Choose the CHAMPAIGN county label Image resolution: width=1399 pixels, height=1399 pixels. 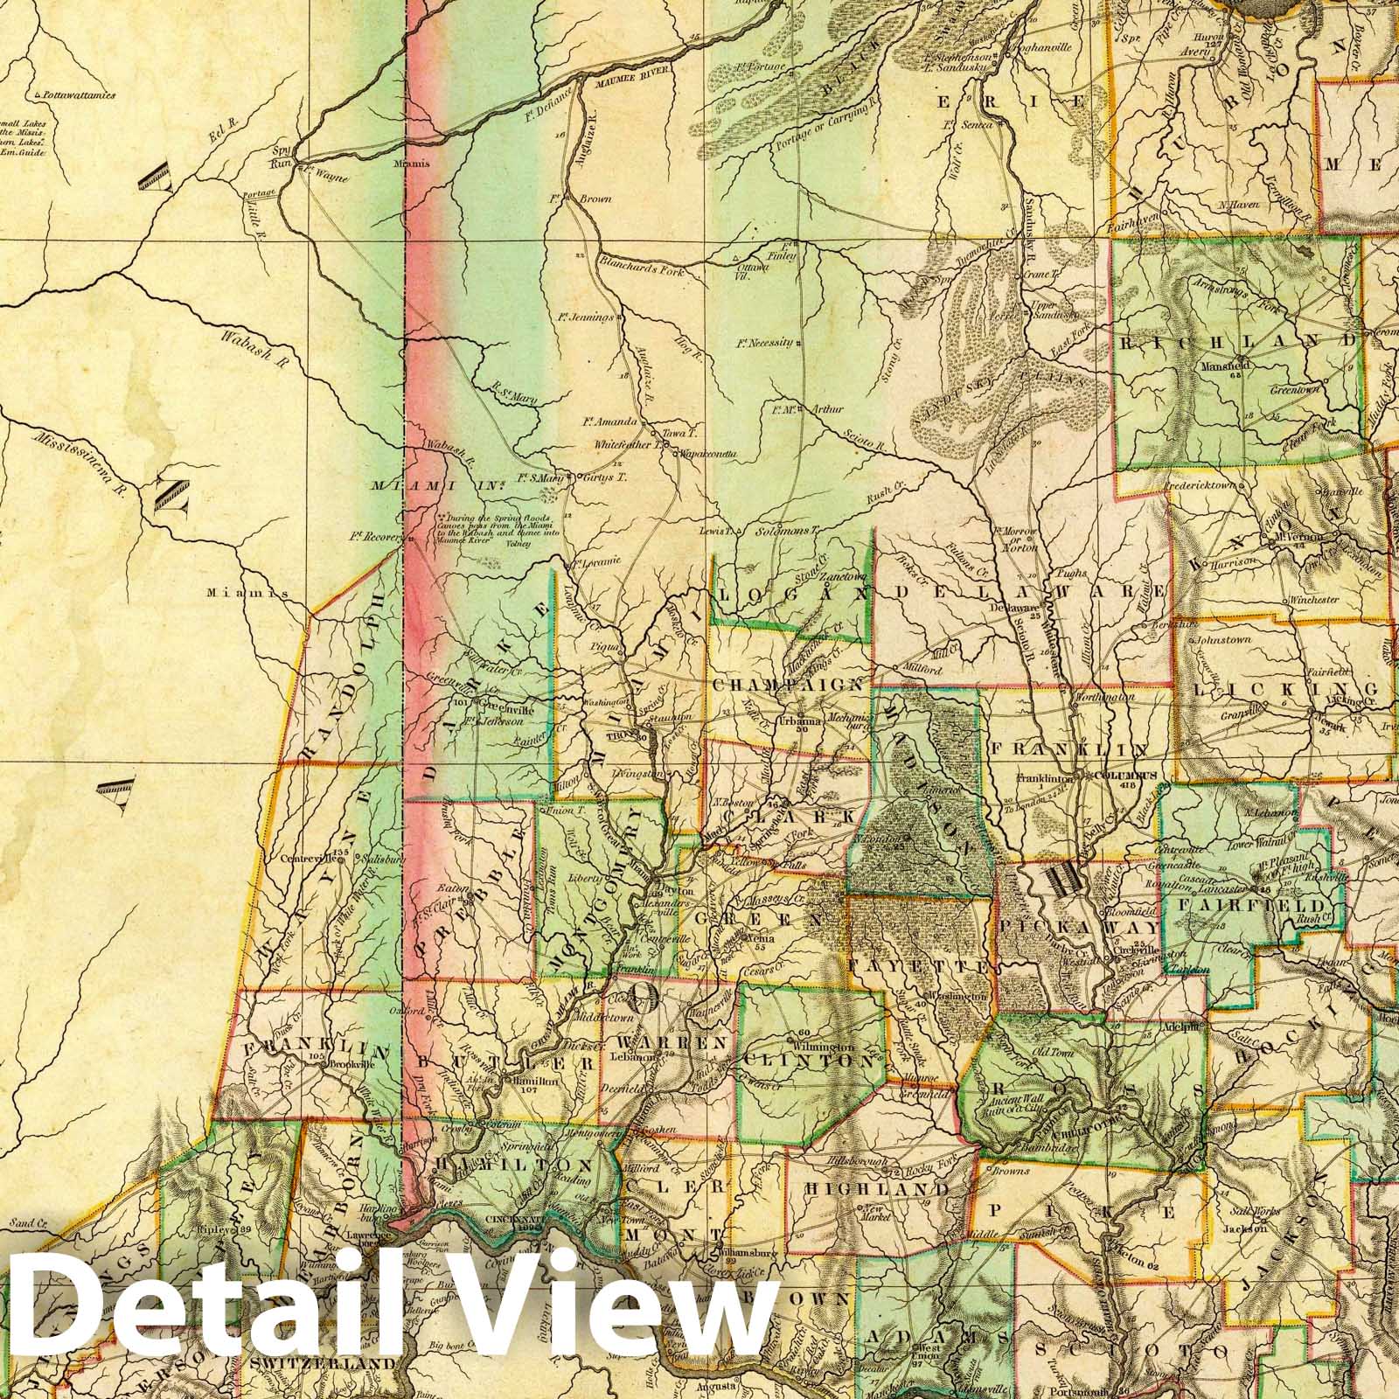[790, 685]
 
